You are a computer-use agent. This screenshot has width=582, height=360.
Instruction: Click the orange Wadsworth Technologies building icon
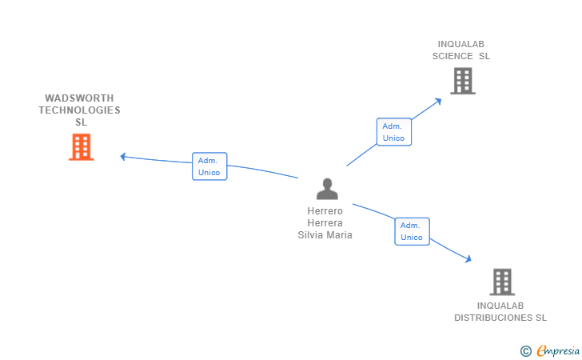click(x=81, y=147)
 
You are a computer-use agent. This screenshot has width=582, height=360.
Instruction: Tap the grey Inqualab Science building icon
click(x=462, y=81)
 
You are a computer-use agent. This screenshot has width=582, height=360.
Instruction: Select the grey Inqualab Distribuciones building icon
click(x=501, y=282)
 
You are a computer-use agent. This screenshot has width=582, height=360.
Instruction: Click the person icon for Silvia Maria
click(x=327, y=189)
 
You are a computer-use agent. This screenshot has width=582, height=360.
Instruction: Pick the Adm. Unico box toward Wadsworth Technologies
click(x=209, y=166)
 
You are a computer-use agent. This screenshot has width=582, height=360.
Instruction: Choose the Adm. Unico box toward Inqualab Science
click(x=394, y=132)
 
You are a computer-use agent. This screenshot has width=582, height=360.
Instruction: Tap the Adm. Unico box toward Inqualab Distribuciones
click(x=412, y=231)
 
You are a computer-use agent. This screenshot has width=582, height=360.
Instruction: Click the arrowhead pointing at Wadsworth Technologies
click(x=123, y=156)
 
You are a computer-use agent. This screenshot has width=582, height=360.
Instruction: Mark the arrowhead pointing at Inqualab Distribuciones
click(x=468, y=259)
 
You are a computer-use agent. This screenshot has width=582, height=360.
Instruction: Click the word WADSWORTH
click(x=79, y=98)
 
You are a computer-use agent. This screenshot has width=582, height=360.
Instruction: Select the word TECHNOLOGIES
click(x=79, y=110)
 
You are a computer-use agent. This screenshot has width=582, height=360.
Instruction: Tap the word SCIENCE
click(x=453, y=57)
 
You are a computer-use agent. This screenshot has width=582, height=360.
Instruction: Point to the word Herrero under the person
click(x=325, y=211)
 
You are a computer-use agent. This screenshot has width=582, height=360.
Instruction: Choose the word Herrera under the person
click(x=325, y=223)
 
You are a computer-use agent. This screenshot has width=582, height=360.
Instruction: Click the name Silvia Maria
click(x=325, y=235)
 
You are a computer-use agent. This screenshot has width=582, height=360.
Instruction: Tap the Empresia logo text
click(x=558, y=350)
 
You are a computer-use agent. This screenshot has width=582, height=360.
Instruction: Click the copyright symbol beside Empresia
click(x=525, y=350)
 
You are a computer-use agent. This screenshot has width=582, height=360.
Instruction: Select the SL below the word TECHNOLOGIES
click(x=81, y=122)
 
